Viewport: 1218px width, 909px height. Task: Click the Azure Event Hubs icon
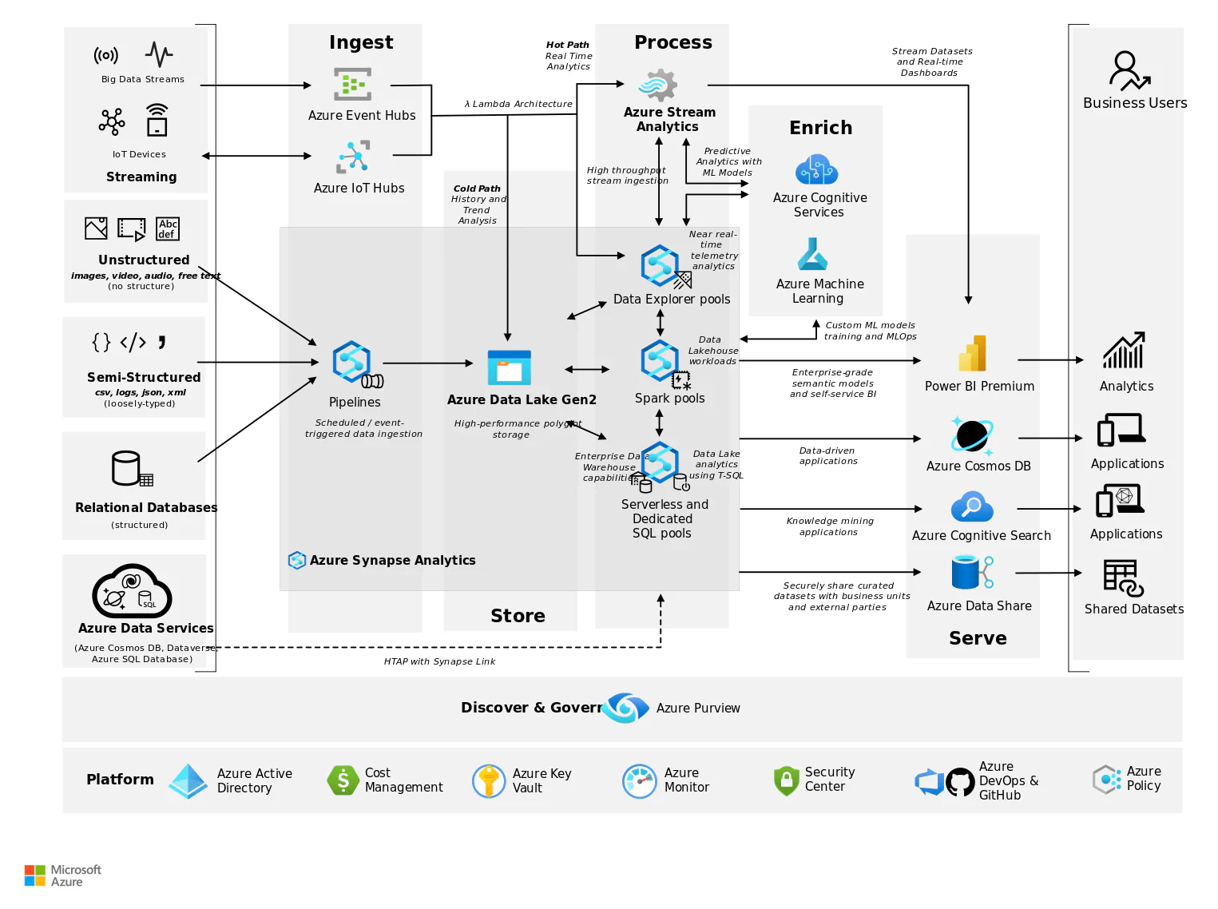coord(352,85)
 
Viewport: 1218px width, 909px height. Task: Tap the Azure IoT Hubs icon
coord(353,157)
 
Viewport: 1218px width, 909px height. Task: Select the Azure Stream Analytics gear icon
coord(658,85)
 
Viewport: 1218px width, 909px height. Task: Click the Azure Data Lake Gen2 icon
coord(509,367)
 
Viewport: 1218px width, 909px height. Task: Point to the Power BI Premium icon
coord(973,354)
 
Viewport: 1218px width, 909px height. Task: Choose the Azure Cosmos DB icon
coord(972,436)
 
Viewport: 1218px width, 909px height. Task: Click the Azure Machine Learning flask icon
coord(812,255)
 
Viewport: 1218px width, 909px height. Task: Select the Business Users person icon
coord(1129,70)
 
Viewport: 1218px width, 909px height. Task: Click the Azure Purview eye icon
coord(625,708)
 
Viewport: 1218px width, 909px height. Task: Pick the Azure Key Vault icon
coord(489,780)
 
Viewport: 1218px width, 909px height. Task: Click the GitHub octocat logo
coord(960,782)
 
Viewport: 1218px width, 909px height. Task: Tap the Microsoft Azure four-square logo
coord(35,875)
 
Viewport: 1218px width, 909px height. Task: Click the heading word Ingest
coord(361,42)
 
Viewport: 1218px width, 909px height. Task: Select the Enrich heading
coord(820,128)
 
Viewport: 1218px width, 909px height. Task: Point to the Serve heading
coord(978,638)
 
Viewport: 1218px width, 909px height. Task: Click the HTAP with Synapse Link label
coord(439,661)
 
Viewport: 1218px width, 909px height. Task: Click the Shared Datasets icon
coord(1123,578)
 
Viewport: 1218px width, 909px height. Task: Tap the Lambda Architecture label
coord(518,104)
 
